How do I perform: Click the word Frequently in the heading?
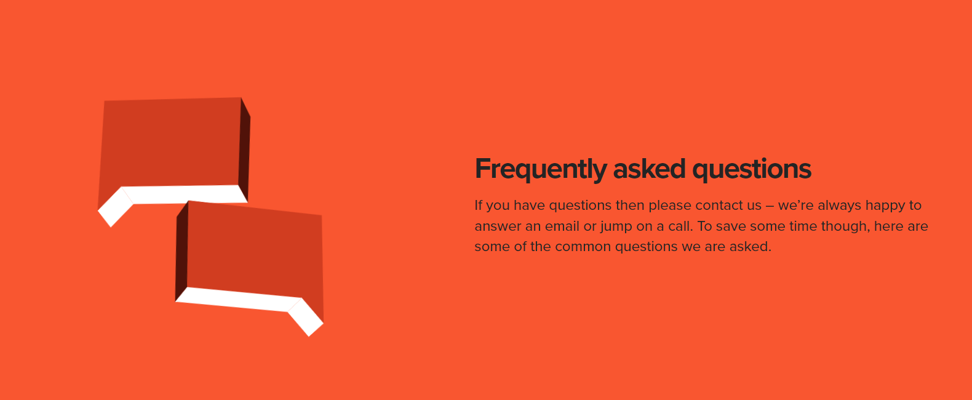[541, 169]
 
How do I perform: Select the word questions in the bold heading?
[752, 169]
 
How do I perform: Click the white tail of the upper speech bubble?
[115, 207]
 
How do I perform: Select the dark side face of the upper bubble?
[244, 151]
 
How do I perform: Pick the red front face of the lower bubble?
[255, 252]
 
